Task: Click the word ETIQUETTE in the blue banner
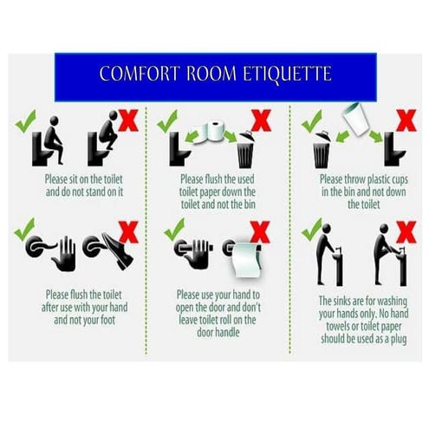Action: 287,74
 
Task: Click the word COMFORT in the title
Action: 140,74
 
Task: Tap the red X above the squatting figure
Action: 128,120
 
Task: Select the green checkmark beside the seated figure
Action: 25,121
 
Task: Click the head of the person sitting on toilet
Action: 54,120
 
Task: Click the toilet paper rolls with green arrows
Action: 210,133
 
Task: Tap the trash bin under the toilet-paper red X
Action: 246,150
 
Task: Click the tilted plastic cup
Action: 355,120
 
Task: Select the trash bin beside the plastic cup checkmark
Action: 322,150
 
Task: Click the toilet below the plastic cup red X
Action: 394,149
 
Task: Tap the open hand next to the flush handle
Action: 64,254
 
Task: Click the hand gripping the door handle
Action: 198,253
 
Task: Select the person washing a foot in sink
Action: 385,254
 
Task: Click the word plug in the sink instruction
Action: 399,340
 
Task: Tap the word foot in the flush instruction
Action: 107,320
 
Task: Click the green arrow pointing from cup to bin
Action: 342,136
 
